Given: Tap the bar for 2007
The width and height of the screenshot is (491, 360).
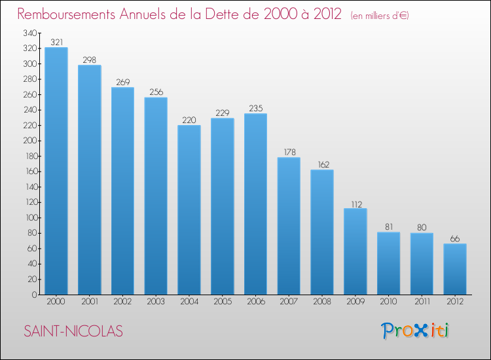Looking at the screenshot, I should (289, 226).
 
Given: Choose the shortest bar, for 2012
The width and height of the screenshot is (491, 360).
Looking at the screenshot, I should (455, 269).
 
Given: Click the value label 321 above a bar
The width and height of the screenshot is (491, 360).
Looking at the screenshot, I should (56, 41).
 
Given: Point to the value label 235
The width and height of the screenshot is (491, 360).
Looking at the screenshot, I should (255, 107).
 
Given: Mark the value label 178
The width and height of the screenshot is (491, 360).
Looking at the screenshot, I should (289, 151).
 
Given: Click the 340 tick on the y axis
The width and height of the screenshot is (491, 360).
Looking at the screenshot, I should (29, 33).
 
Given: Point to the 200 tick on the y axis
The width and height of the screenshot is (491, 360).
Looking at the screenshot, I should (29, 141).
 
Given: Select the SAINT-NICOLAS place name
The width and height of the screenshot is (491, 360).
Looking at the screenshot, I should (73, 331).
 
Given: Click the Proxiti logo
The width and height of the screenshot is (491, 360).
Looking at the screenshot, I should (415, 331).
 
